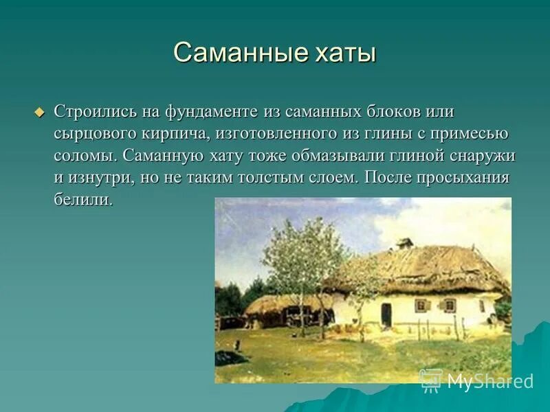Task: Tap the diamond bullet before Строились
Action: [x=39, y=111]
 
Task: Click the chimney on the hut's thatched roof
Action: [x=405, y=243]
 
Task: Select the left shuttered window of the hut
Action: [x=423, y=305]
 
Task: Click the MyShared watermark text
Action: [x=490, y=381]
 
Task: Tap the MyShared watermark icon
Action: [x=431, y=380]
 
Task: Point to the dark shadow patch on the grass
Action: [x=230, y=357]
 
